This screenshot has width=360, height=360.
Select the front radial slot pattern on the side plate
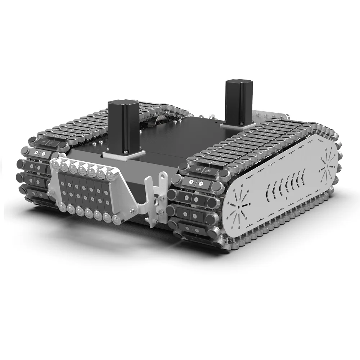[x=238, y=208]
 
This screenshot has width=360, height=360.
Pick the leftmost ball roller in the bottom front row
[x=63, y=207]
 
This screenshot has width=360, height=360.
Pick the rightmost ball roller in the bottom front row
[x=116, y=219]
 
